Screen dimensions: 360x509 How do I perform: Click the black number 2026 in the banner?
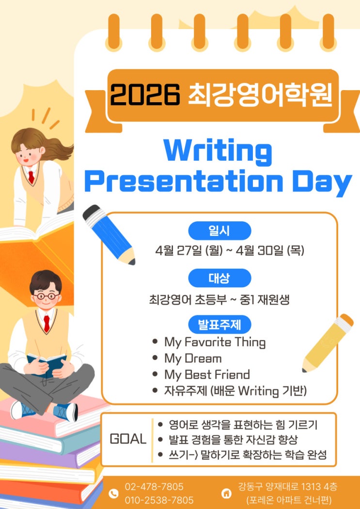145,94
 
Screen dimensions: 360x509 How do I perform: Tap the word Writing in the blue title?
218,151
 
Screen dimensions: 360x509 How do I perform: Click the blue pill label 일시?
219,231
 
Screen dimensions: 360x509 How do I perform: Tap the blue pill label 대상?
219,278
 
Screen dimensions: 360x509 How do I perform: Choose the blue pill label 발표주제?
219,324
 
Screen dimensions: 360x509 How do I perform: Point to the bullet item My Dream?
193,359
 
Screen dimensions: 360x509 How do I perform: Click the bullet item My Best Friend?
207,375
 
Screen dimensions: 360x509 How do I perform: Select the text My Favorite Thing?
215,342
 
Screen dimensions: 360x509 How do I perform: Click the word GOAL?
128,439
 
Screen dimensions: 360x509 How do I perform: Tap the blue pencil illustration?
109,234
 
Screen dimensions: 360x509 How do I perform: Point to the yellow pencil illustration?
328,343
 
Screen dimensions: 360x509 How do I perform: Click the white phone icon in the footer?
113,494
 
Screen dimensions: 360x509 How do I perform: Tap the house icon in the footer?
226,494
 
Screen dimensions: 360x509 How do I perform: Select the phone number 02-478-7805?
154,487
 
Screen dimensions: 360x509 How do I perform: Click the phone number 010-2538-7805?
159,500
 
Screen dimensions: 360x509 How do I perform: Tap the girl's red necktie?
31,177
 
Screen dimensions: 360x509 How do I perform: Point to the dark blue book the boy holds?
47,364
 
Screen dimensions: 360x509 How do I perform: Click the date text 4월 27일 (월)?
189,250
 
